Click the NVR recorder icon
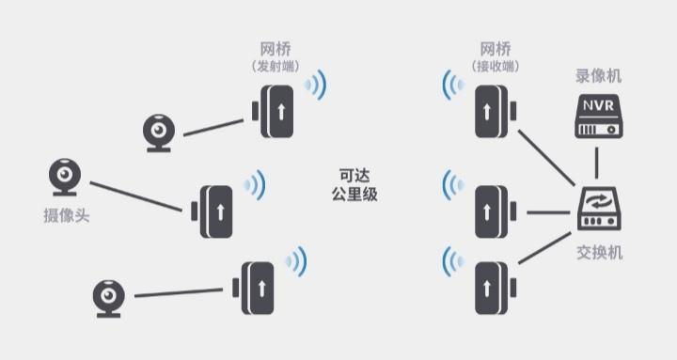tap(597, 117)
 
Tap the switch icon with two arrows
tap(598, 209)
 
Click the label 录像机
tap(598, 76)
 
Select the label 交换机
tap(599, 253)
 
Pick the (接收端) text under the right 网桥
tap(496, 67)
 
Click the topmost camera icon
tap(159, 133)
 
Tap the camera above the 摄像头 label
tap(65, 177)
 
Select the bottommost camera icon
tap(109, 299)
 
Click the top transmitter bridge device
tap(277, 110)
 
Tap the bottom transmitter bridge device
tap(257, 288)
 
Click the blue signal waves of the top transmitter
tap(317, 86)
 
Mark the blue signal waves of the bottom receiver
tap(453, 260)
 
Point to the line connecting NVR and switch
tap(597, 163)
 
